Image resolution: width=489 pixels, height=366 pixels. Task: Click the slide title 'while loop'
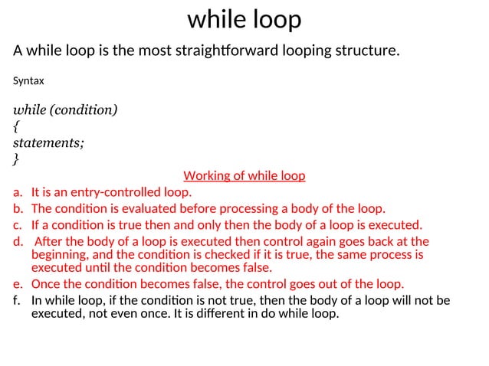coord(244,19)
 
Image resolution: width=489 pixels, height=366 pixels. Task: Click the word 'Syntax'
coord(29,80)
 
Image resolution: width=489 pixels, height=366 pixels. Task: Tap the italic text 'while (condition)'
coord(66,109)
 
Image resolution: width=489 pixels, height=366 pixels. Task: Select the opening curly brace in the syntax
coord(17,126)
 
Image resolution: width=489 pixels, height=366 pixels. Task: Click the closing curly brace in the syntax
coord(17,159)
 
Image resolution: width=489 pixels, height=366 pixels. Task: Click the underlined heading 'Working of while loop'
coord(244,176)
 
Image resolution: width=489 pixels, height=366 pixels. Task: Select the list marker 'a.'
coord(18,192)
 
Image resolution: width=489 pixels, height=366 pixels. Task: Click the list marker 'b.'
coord(18,209)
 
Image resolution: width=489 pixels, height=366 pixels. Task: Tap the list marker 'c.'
coord(18,225)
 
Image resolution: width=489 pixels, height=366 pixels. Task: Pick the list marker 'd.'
coord(18,241)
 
